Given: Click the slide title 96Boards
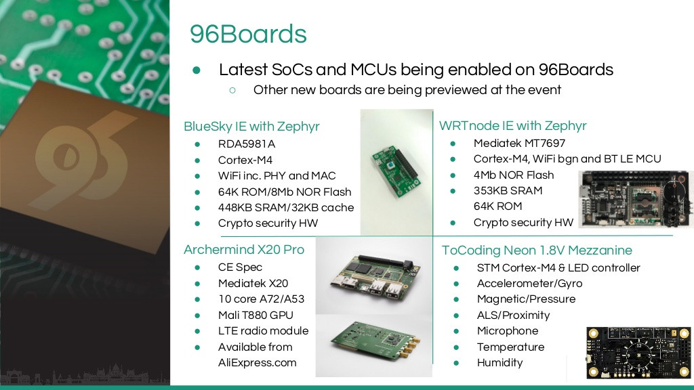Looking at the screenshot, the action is click(x=248, y=34).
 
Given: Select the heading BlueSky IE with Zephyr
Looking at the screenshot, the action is click(x=251, y=127).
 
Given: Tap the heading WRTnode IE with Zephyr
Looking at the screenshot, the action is click(x=512, y=126).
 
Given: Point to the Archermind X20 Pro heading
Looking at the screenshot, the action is click(x=244, y=249).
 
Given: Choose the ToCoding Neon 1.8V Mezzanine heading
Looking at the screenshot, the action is click(x=537, y=251).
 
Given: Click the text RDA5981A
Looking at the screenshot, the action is click(x=247, y=144).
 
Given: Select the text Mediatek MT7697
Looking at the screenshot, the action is click(x=519, y=144).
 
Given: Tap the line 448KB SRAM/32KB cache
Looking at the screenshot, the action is click(x=286, y=207).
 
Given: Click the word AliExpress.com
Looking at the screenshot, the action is click(x=257, y=363).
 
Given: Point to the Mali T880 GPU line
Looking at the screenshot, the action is click(x=256, y=315).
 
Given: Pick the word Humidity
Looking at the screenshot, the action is click(x=499, y=363).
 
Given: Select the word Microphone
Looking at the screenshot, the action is click(x=508, y=330).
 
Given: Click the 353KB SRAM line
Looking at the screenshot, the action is click(x=508, y=190).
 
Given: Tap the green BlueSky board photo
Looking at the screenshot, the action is click(x=395, y=171).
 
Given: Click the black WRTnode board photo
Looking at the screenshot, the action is click(x=636, y=199).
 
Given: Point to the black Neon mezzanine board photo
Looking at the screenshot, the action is click(x=638, y=353).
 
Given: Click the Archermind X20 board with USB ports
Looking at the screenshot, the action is click(x=374, y=277).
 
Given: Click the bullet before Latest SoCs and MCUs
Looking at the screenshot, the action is click(x=197, y=70).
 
